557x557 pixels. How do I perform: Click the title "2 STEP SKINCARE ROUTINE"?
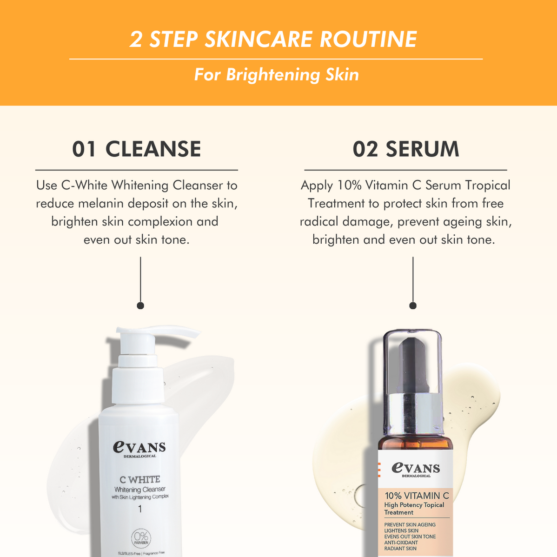click(x=273, y=39)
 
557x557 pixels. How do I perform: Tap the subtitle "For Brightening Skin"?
click(x=277, y=75)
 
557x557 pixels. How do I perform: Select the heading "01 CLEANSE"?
click(x=136, y=149)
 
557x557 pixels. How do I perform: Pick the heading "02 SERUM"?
click(x=406, y=149)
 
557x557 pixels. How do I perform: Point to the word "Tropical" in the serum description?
click(x=488, y=186)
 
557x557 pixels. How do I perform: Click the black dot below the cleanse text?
click(x=140, y=305)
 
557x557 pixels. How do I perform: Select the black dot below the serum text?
click(x=413, y=305)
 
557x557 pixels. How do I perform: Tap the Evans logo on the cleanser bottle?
click(x=139, y=448)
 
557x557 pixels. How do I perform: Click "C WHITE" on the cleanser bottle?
click(x=139, y=479)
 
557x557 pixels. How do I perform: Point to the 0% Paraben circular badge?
click(x=140, y=538)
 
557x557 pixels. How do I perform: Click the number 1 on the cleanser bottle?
click(x=140, y=510)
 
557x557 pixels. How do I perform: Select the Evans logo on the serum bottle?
click(x=416, y=469)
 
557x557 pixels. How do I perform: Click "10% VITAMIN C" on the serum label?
click(x=417, y=496)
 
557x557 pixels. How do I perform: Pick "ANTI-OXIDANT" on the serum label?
click(x=401, y=543)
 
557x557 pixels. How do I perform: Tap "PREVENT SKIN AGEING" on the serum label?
click(x=410, y=524)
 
